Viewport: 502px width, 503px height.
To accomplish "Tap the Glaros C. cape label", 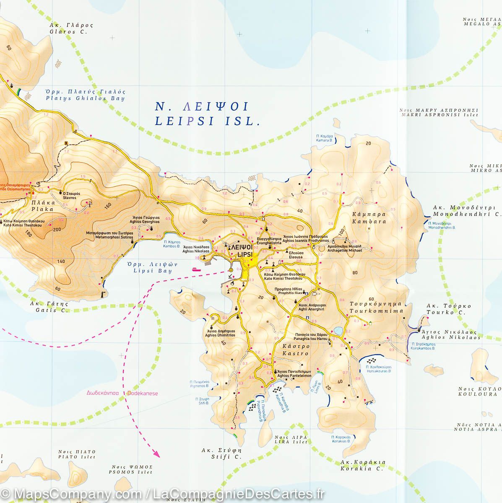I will [x=71, y=31].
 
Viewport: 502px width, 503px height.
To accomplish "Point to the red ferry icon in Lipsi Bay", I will [x=196, y=270].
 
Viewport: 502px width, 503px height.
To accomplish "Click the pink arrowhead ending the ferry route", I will [x=157, y=453].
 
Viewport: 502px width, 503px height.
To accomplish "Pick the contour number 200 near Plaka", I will [x=57, y=229].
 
